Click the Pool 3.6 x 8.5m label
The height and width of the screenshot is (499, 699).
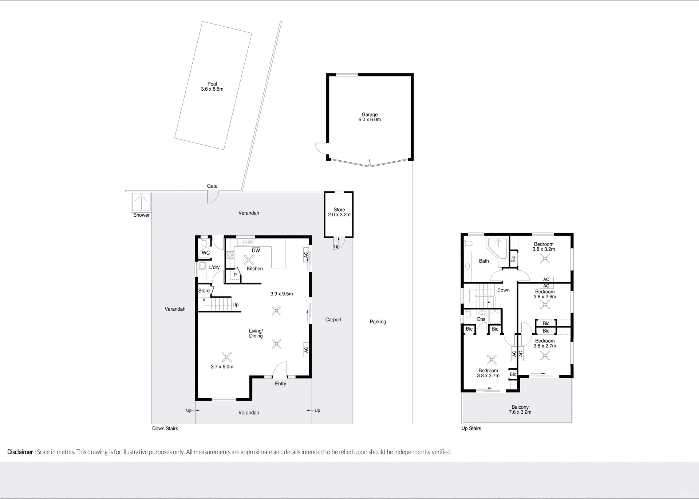click(x=212, y=87)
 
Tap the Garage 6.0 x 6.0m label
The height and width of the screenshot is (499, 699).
click(x=370, y=117)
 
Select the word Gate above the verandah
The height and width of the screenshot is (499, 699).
click(x=212, y=186)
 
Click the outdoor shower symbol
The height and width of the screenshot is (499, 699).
click(x=141, y=202)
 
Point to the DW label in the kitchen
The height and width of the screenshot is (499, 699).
click(x=256, y=251)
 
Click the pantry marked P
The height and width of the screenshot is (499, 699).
click(x=235, y=275)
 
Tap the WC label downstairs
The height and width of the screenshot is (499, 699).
click(x=206, y=253)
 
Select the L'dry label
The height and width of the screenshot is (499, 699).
click(x=214, y=267)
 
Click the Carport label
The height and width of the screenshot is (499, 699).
click(x=333, y=320)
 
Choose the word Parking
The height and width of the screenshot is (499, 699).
click(x=378, y=322)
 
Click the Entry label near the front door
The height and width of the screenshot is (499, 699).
click(x=280, y=384)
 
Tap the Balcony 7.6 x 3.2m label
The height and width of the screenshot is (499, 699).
click(x=520, y=410)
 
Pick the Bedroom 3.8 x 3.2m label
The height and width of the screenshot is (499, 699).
click(x=544, y=247)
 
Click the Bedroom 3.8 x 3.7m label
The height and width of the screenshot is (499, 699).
click(x=488, y=373)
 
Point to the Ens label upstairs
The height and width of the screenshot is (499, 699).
click(x=481, y=319)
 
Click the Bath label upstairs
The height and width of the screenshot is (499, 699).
click(x=484, y=261)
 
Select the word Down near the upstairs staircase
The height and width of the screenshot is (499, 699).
click(x=503, y=290)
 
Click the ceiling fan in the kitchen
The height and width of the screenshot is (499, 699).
click(x=249, y=259)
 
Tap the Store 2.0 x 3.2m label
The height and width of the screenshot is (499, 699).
click(x=339, y=212)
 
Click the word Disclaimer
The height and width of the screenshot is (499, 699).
click(x=20, y=452)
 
